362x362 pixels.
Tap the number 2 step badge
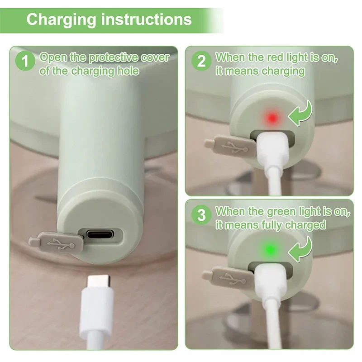pyautogui.click(x=201, y=61)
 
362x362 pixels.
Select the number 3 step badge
pyautogui.click(x=201, y=214)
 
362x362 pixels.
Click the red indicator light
pyautogui.click(x=272, y=119)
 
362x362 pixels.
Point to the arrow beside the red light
pyautogui.click(x=300, y=114)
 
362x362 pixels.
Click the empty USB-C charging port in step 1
pyautogui.click(x=100, y=235)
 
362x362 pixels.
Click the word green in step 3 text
pyautogui.click(x=271, y=211)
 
